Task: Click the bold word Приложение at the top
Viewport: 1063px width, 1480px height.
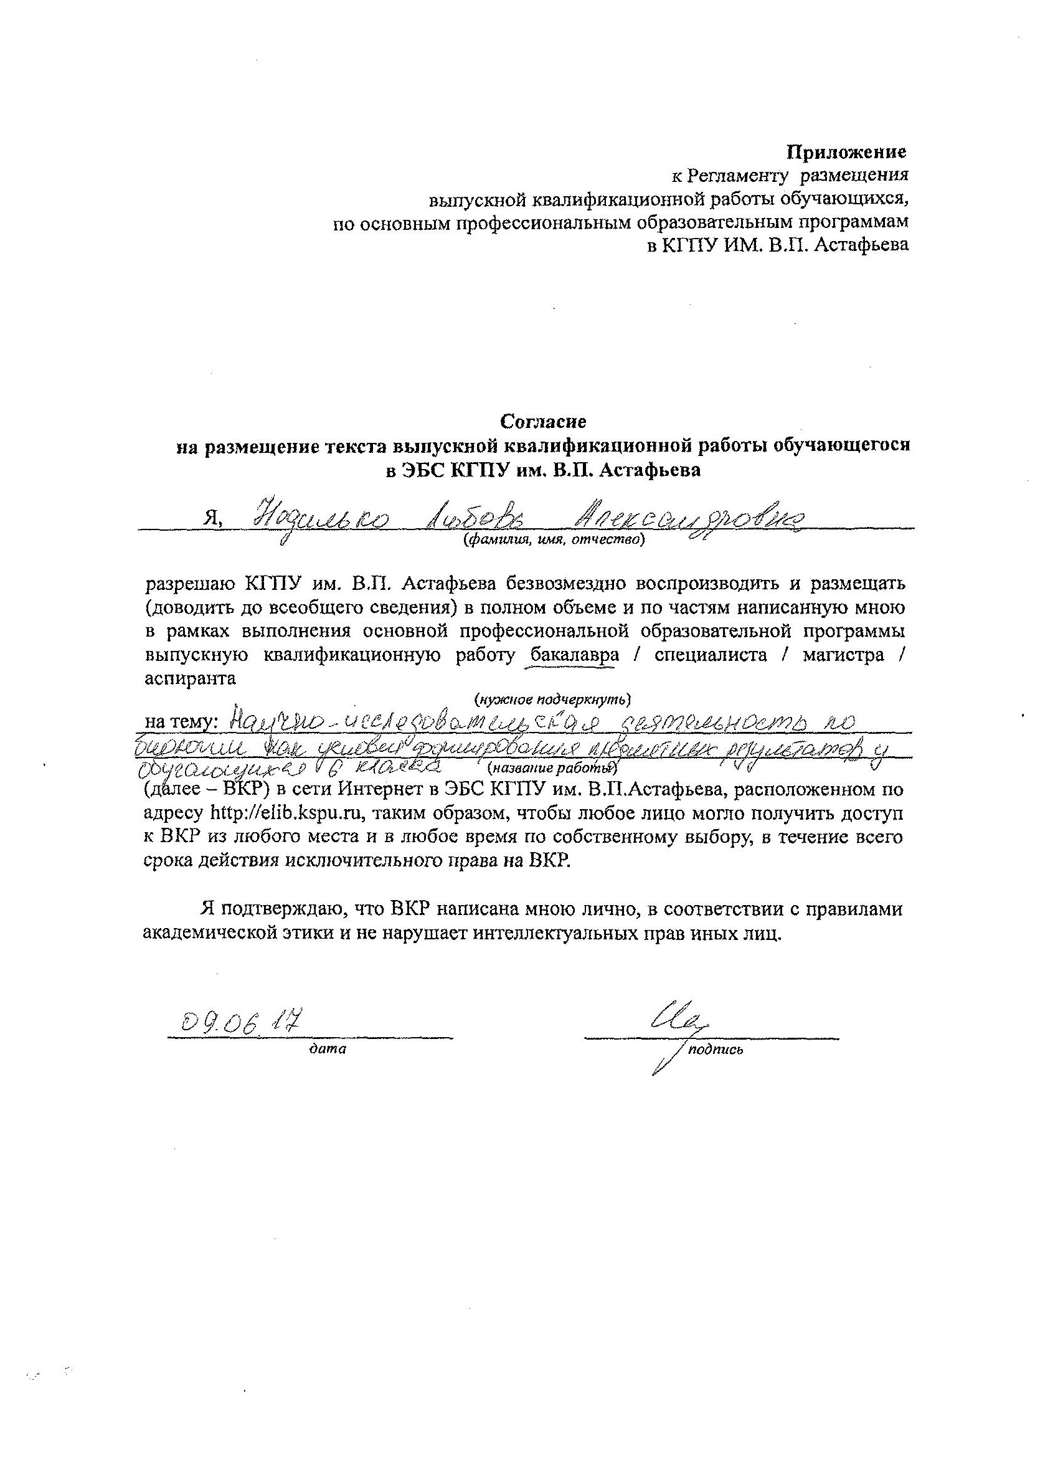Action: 846,152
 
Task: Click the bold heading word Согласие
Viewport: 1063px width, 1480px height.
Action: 543,421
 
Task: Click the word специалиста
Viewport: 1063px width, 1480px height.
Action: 710,655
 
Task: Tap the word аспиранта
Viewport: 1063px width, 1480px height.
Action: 190,678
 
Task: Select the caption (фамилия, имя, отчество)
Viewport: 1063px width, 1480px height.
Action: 554,539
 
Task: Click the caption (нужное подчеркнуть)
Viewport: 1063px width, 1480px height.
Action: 552,700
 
